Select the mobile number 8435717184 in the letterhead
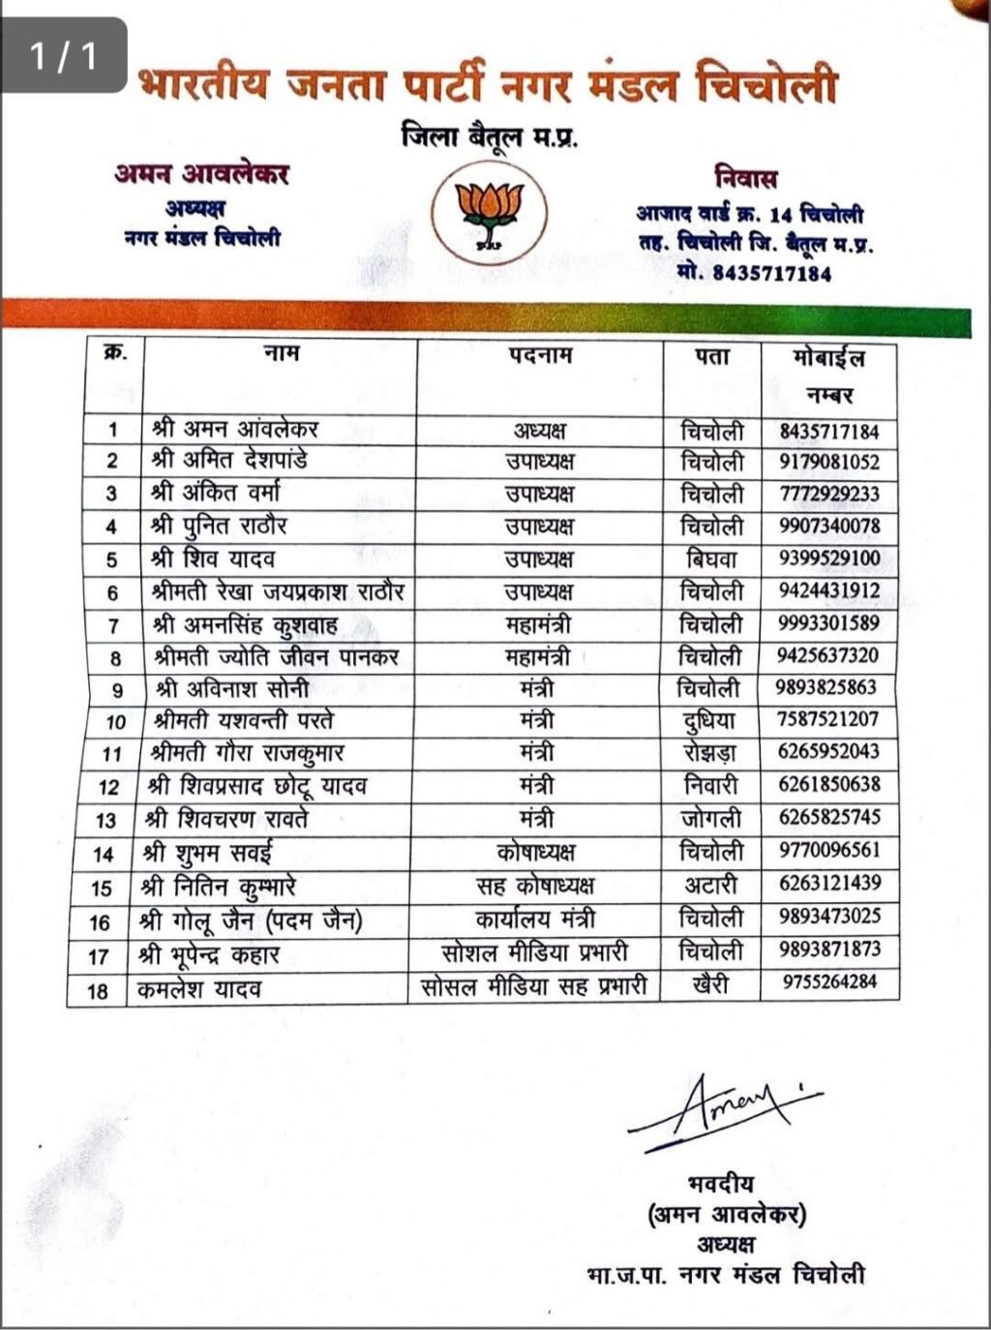[771, 274]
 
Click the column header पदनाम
[540, 356]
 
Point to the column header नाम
[281, 355]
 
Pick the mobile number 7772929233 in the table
[829, 494]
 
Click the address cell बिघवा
[711, 559]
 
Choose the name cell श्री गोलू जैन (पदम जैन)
[252, 920]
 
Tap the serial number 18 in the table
[98, 990]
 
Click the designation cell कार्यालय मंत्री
[535, 918]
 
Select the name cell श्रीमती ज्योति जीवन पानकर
[276, 658]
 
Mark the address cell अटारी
[711, 885]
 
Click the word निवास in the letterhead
[746, 178]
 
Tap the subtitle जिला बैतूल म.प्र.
[490, 137]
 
